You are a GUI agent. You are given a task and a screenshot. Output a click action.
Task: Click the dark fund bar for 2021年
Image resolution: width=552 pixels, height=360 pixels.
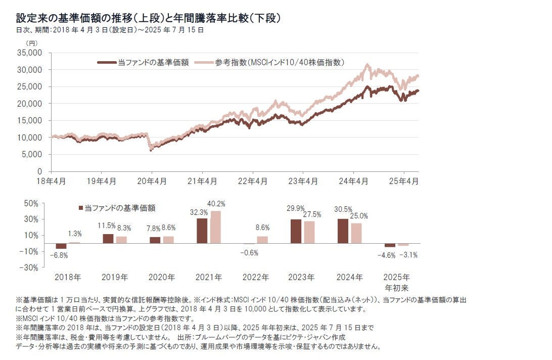pos(202,231)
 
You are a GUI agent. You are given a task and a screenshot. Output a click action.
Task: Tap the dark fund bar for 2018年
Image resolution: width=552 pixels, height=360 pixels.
pos(61,246)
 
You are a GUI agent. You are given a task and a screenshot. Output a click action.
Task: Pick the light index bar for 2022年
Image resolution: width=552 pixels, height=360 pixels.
pos(262,240)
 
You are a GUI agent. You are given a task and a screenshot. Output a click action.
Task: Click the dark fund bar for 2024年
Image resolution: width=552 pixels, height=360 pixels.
pos(343,231)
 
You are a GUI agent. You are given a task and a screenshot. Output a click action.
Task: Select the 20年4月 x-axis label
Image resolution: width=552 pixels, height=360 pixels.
pos(152,181)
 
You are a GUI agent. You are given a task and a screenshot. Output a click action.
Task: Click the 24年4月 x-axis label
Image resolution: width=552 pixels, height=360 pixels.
pos(353,181)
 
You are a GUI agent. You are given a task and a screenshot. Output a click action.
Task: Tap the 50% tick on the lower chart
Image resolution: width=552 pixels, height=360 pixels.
pos(32,204)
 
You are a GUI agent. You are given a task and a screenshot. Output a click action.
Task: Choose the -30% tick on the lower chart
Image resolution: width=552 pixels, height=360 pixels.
pos(30,267)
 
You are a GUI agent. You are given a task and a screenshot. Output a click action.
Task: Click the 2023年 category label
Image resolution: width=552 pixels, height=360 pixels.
pos(302,278)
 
